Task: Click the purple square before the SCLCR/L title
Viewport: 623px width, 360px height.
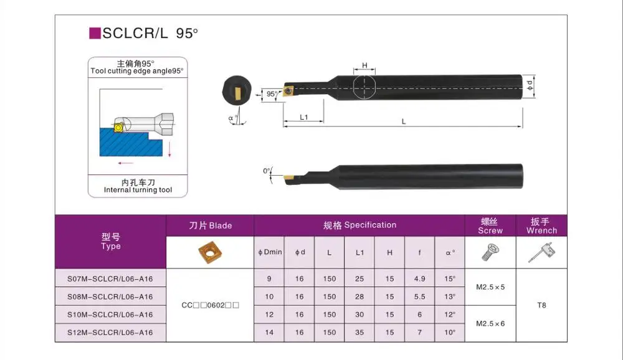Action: coord(95,33)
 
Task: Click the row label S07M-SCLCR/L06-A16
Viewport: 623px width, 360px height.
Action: coord(110,278)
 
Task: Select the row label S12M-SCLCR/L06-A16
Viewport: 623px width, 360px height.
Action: coord(110,333)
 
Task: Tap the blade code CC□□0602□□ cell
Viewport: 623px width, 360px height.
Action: coord(210,306)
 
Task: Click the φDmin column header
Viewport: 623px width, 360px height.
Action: coord(270,252)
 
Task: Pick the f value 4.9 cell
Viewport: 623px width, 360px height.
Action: coord(419,278)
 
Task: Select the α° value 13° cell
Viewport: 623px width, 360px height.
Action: coord(450,296)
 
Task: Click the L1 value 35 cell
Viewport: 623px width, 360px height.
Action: coord(359,333)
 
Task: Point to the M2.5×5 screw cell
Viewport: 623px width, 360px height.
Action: coord(490,287)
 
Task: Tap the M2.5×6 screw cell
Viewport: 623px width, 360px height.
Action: coord(490,324)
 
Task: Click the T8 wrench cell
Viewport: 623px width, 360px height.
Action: coord(541,306)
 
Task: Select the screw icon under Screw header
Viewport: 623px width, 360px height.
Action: coord(490,252)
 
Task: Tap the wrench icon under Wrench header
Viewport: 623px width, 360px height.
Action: coord(541,252)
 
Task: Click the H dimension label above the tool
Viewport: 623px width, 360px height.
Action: coord(364,65)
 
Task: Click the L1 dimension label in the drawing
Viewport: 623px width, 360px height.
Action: coord(303,117)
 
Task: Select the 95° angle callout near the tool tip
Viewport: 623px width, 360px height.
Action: coord(271,94)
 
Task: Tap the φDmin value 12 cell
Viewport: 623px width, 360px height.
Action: coord(269,315)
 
